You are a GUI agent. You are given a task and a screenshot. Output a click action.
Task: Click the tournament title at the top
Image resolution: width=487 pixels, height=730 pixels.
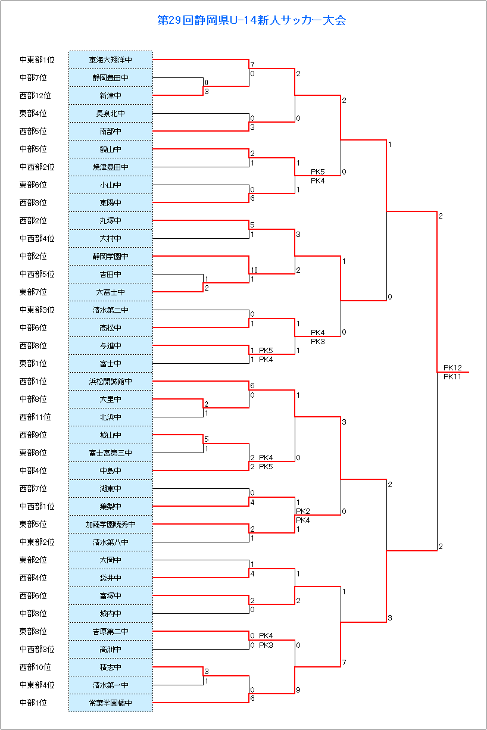pos(251,20)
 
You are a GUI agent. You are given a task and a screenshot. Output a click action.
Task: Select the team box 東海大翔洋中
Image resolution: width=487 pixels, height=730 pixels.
pos(110,60)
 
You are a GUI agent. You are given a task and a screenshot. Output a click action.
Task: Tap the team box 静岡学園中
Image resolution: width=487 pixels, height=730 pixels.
pos(110,257)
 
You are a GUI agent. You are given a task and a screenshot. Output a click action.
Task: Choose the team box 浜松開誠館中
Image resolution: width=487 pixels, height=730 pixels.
pos(110,381)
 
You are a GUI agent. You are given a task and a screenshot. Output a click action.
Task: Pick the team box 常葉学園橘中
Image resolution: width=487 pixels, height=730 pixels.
pos(110,703)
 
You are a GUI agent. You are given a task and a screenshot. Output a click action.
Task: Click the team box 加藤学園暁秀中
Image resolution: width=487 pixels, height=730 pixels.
pos(110,525)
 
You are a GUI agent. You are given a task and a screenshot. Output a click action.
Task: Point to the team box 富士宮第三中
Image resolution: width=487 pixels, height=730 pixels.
pos(110,453)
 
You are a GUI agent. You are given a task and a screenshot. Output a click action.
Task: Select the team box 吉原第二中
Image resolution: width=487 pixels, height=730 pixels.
pos(110,632)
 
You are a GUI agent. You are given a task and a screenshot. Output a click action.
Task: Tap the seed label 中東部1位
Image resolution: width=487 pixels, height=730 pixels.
pos(37,60)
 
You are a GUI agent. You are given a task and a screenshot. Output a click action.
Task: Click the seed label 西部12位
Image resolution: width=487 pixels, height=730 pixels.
pos(35,95)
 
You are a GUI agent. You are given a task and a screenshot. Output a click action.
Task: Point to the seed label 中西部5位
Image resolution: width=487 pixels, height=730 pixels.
pos(37,274)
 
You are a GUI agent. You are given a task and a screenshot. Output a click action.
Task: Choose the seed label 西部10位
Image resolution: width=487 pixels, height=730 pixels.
pos(35,667)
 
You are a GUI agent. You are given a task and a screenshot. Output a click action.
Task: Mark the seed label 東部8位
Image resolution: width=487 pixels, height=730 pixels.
pos(33,453)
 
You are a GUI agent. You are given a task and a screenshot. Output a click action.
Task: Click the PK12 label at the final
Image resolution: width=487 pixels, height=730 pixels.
pos(452,367)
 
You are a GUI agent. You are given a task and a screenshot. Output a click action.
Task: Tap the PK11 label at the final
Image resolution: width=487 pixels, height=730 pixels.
pos(452,377)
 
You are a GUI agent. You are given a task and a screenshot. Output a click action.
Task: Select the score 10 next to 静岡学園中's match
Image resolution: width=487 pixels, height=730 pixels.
pos(254,270)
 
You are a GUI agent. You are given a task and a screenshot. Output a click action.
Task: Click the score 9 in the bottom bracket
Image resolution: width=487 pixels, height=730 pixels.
pos(298,690)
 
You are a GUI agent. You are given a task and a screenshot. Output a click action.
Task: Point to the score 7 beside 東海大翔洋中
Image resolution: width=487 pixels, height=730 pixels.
pos(252,64)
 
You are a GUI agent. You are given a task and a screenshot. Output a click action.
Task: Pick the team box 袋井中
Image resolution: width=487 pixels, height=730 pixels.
pos(110,578)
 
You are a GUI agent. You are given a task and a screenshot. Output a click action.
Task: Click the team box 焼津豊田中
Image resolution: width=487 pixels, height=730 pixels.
pos(110,167)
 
